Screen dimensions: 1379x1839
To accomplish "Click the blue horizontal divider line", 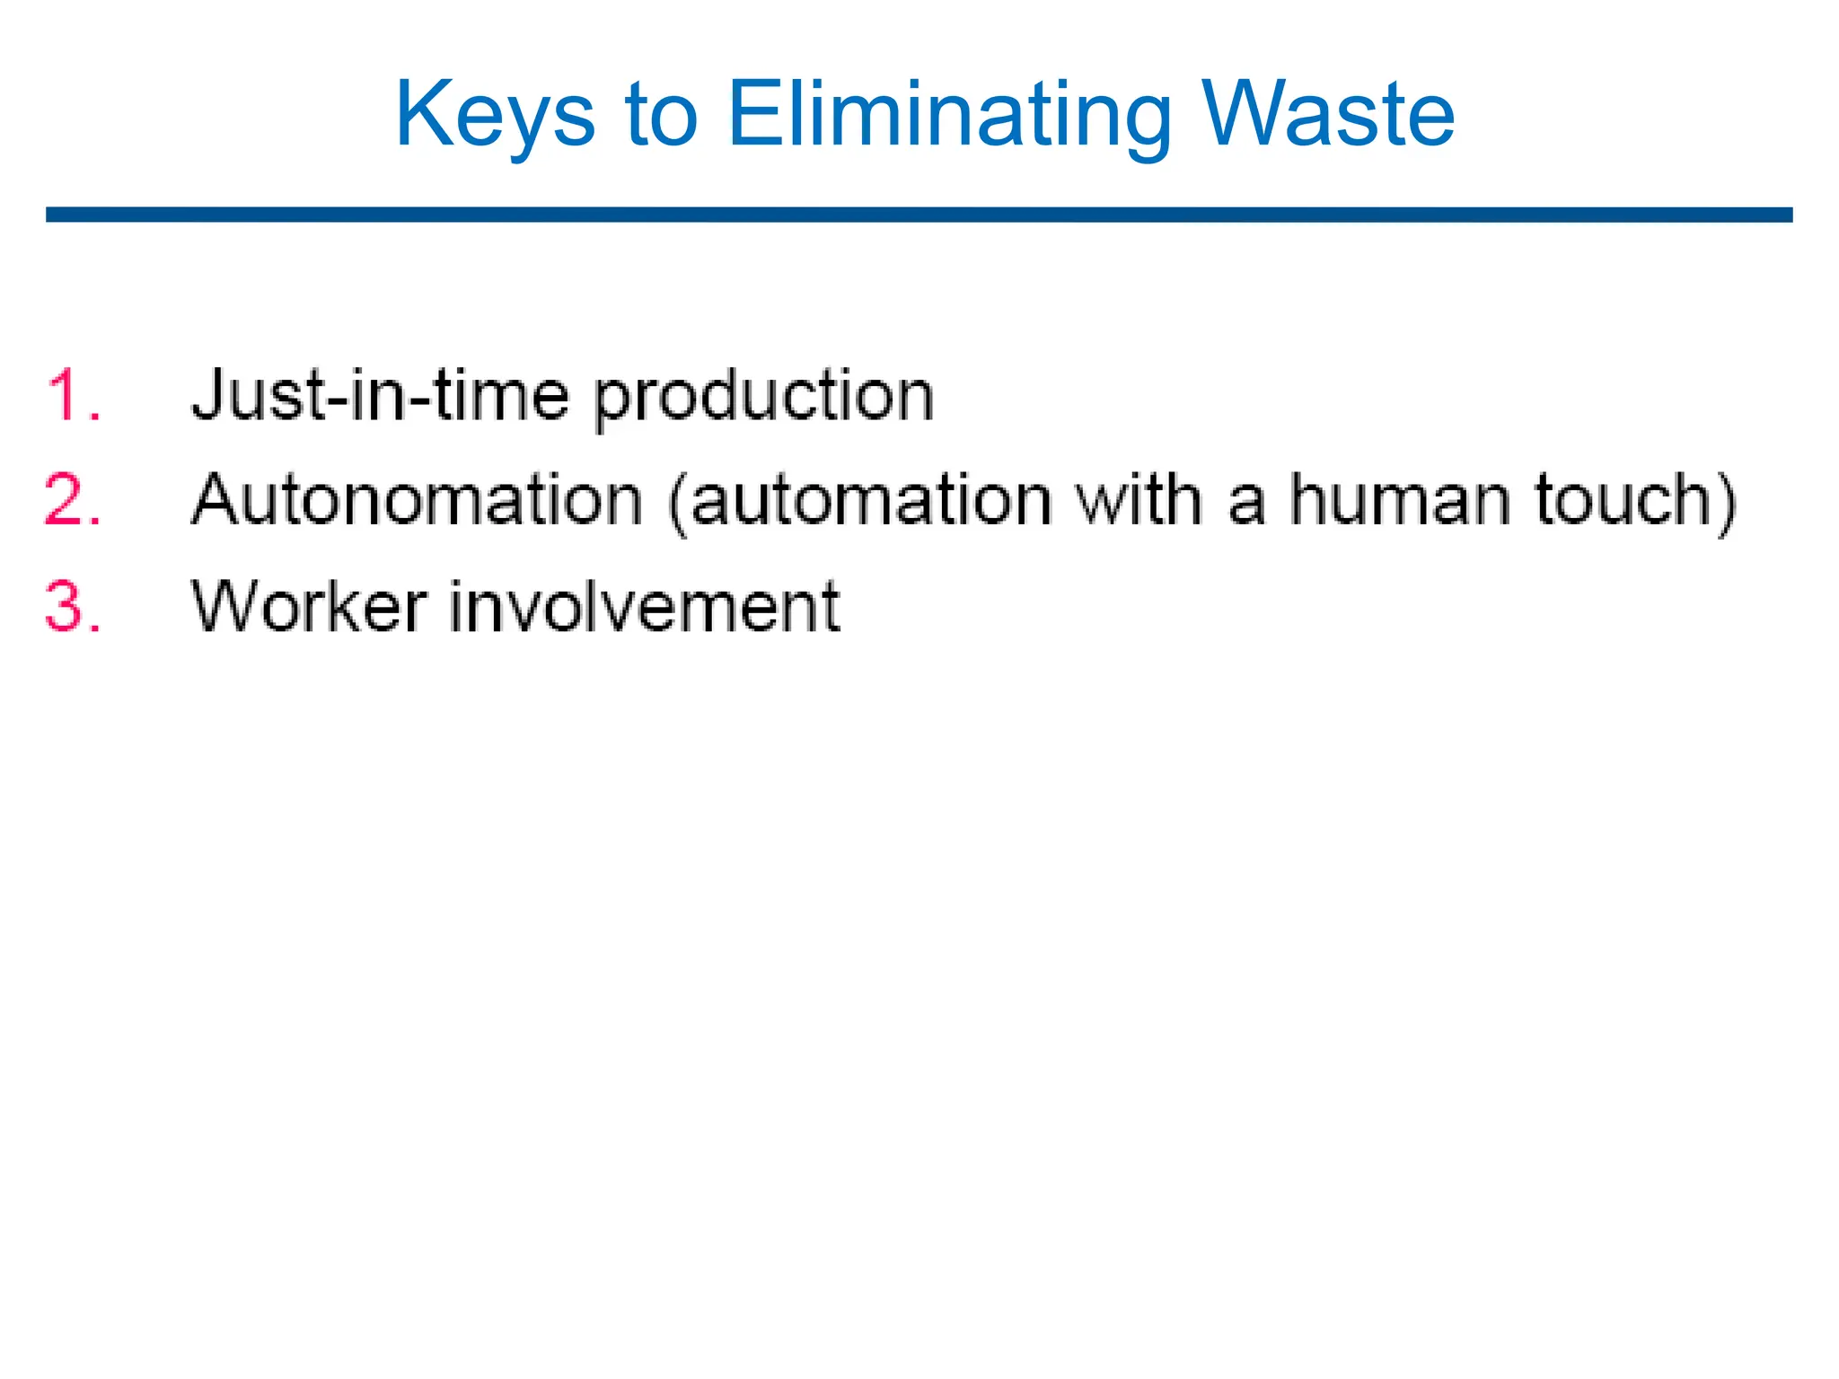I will [x=919, y=215].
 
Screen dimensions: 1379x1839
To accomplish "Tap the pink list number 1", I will [x=72, y=396].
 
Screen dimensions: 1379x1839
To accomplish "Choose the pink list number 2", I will [x=72, y=500].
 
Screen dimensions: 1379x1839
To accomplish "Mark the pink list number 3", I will [x=72, y=606].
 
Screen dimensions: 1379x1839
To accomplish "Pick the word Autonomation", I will [x=418, y=500].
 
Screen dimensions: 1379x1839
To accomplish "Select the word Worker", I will [x=309, y=606].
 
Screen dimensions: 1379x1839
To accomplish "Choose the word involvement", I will [x=644, y=606].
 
